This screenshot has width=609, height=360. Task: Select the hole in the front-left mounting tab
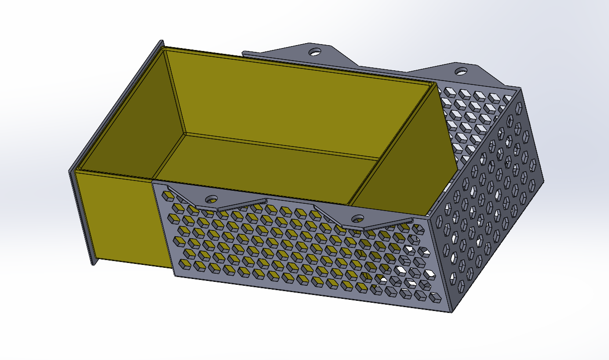coord(211,198)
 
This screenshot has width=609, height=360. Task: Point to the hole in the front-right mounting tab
coord(358,218)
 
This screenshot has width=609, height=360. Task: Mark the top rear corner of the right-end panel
coord(520,89)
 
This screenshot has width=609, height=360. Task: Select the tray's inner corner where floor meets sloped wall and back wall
coord(379,159)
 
